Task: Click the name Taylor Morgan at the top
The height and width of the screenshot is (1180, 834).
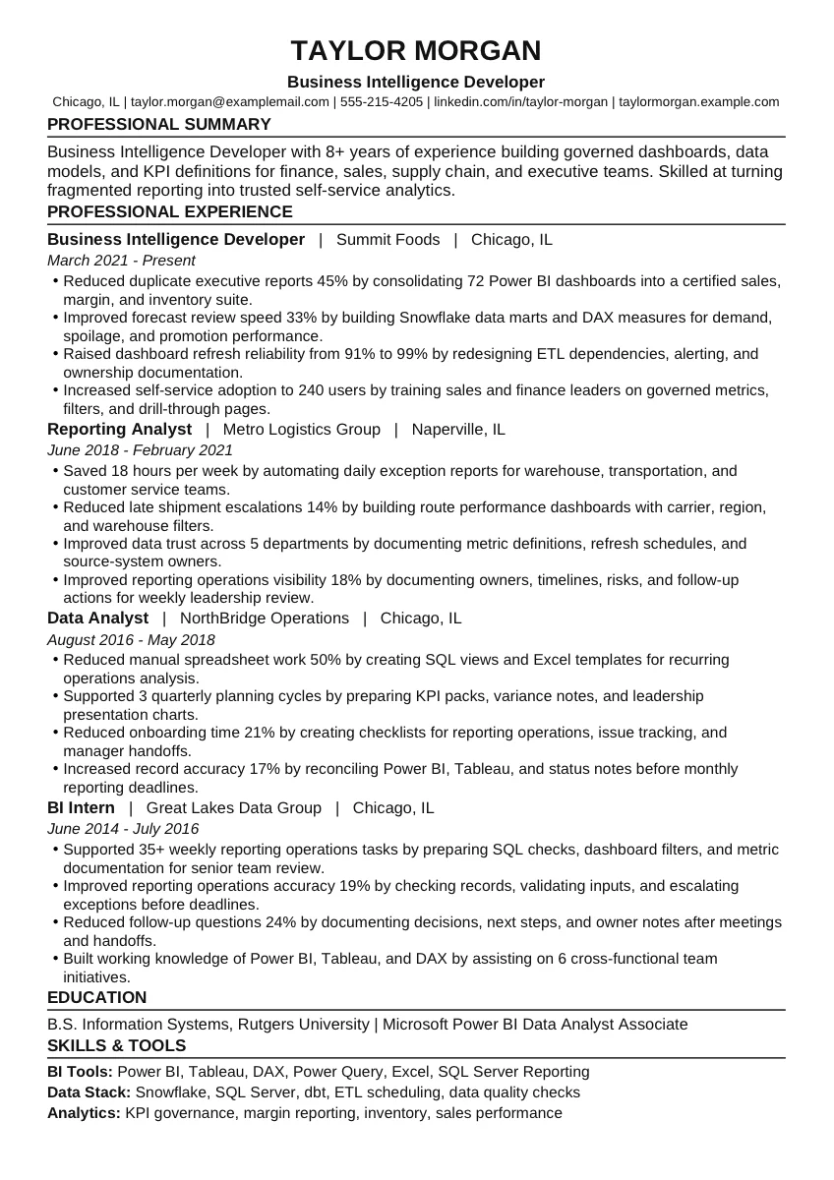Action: click(416, 51)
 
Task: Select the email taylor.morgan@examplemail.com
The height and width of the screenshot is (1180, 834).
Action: click(230, 101)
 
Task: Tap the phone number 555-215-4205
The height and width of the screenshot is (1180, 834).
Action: click(382, 101)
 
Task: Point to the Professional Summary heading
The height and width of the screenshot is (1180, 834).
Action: click(159, 124)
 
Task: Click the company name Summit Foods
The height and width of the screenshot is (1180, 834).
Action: click(387, 239)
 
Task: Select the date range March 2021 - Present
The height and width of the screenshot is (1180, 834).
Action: click(121, 261)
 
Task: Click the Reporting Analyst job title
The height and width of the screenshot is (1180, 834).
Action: click(119, 429)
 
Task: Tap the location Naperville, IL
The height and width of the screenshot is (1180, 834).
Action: click(458, 429)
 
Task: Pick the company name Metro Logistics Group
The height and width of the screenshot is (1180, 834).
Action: click(301, 429)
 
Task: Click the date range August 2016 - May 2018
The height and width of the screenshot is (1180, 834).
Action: click(131, 639)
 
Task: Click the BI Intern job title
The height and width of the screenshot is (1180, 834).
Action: click(81, 807)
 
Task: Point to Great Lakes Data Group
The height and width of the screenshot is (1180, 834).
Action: click(234, 807)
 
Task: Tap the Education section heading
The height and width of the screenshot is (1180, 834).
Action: click(96, 997)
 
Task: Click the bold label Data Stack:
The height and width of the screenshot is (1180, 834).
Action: click(89, 1091)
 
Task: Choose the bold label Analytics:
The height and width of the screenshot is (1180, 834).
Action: click(84, 1112)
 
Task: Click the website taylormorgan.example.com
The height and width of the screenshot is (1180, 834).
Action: click(698, 101)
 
